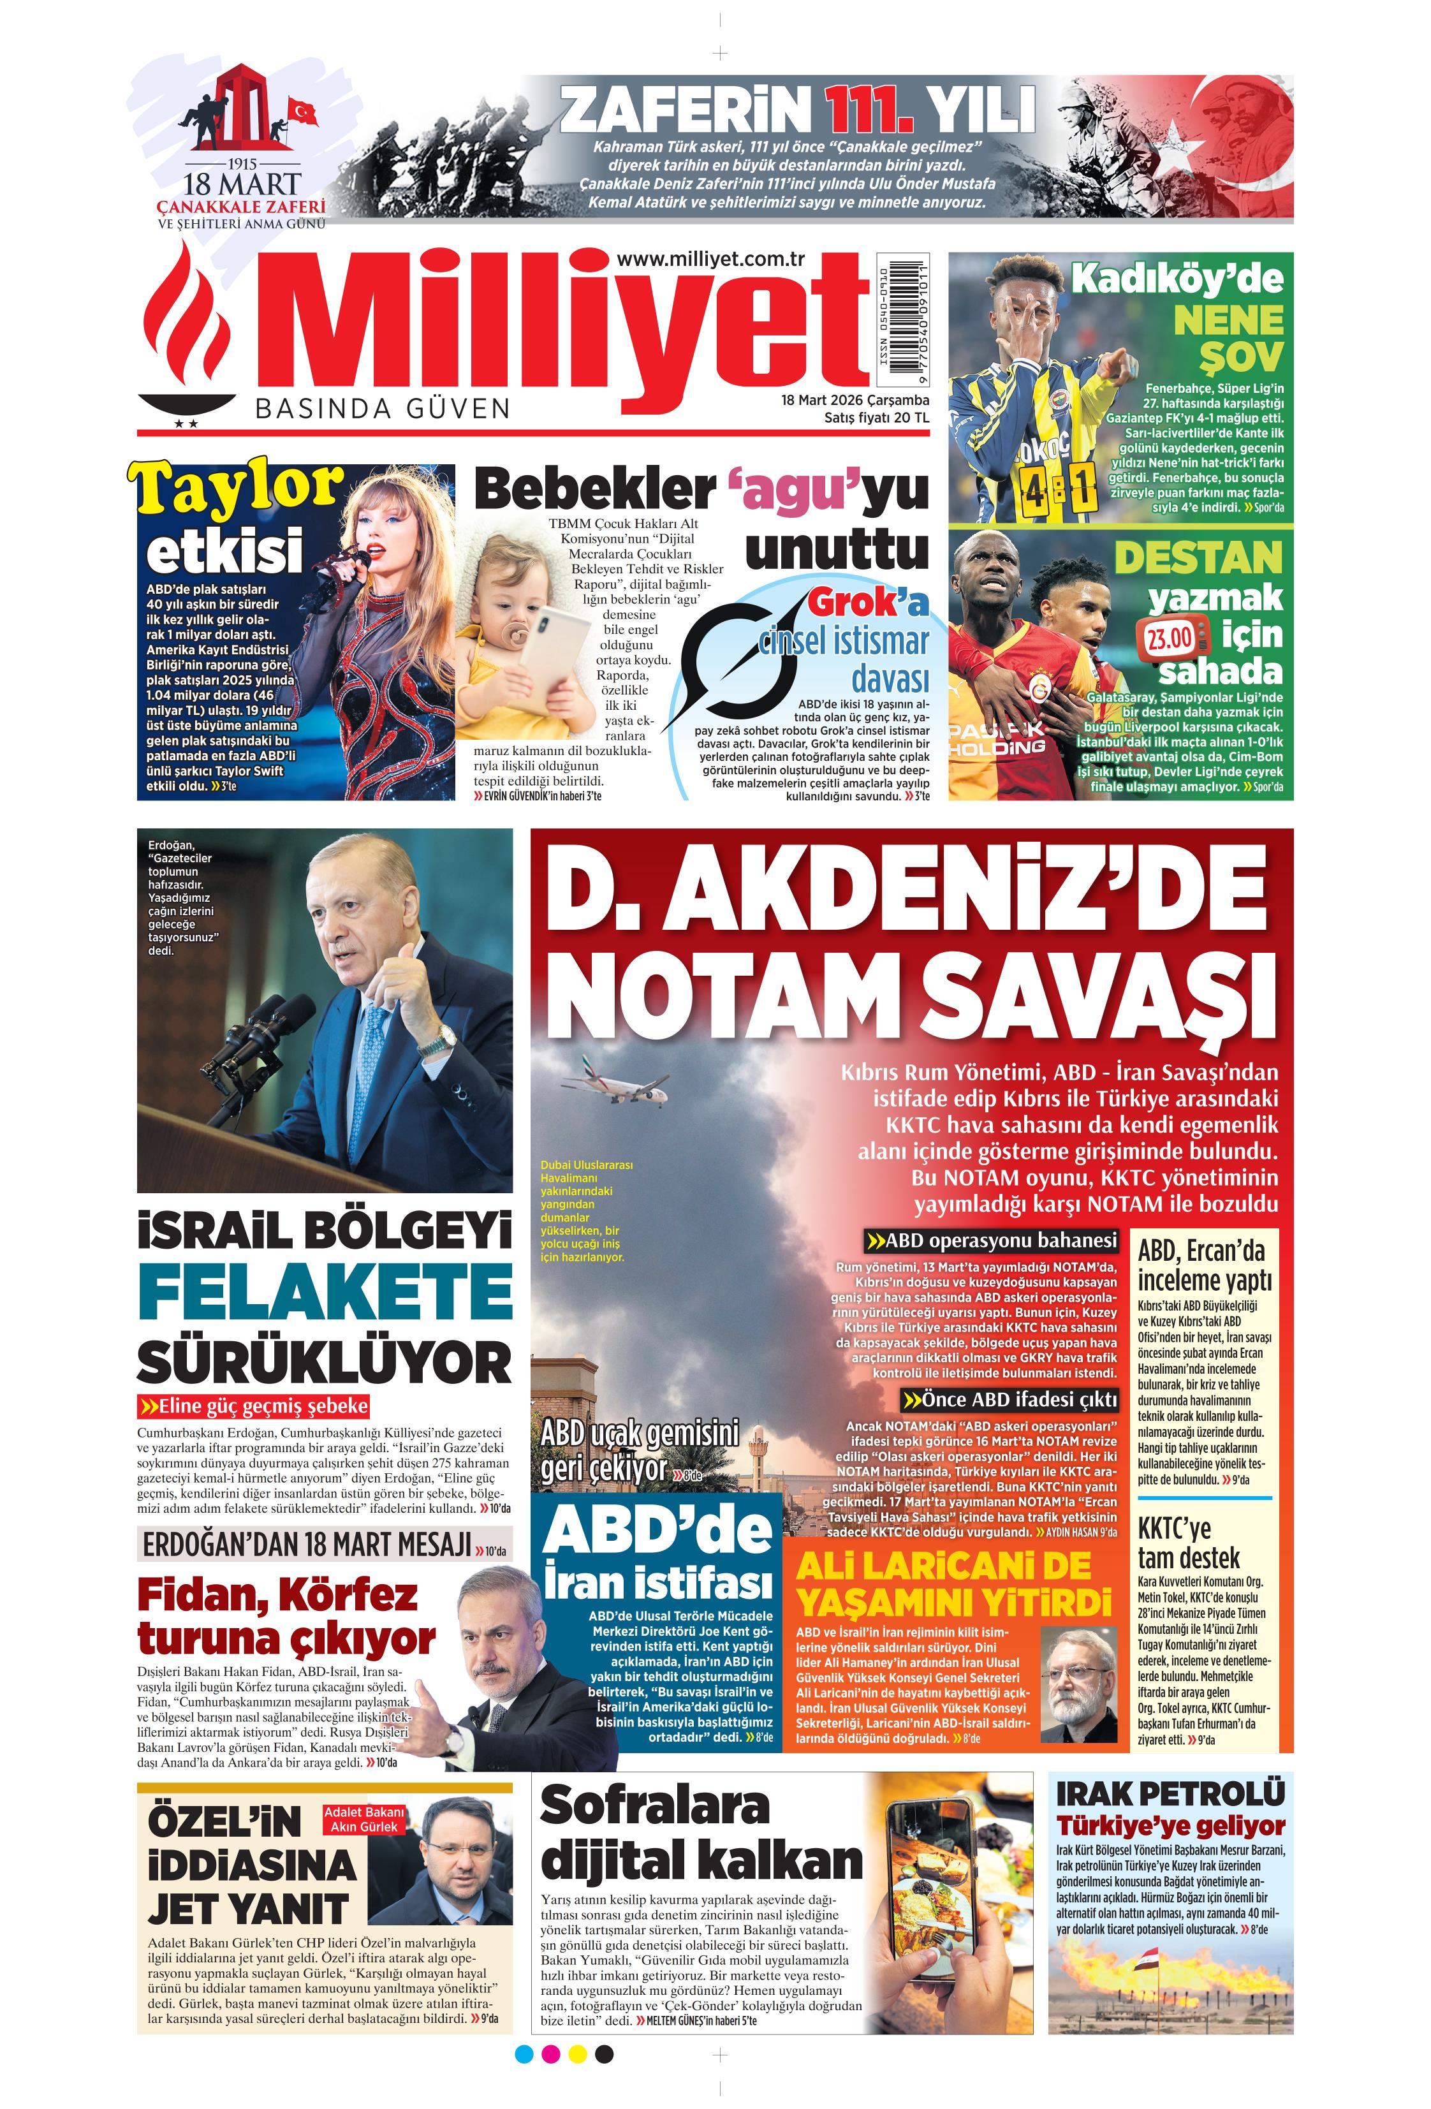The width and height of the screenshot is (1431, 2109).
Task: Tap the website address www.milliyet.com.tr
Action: click(x=710, y=260)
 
